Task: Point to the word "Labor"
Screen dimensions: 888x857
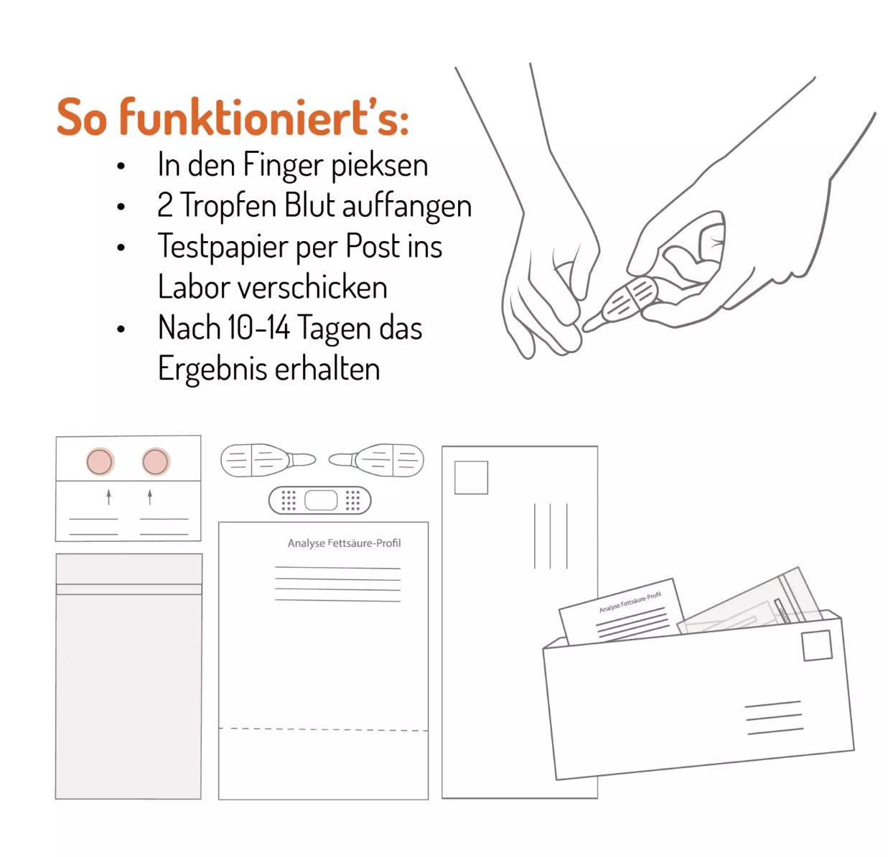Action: tap(194, 287)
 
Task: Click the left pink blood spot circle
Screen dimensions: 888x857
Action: tap(100, 461)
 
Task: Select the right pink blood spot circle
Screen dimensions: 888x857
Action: tap(155, 461)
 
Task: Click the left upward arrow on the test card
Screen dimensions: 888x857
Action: tap(108, 497)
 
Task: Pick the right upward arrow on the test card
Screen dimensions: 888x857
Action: tap(149, 497)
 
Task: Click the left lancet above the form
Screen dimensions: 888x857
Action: tap(268, 461)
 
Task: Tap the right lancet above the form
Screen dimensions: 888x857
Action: tap(376, 460)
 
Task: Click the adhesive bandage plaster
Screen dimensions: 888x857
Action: tap(319, 500)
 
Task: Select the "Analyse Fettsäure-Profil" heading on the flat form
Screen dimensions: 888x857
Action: tap(344, 543)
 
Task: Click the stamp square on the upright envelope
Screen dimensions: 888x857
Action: tap(471, 477)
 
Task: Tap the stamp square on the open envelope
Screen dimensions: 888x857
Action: tap(817, 645)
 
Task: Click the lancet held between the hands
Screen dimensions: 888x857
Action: tap(622, 304)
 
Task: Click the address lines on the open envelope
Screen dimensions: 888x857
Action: tap(774, 718)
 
